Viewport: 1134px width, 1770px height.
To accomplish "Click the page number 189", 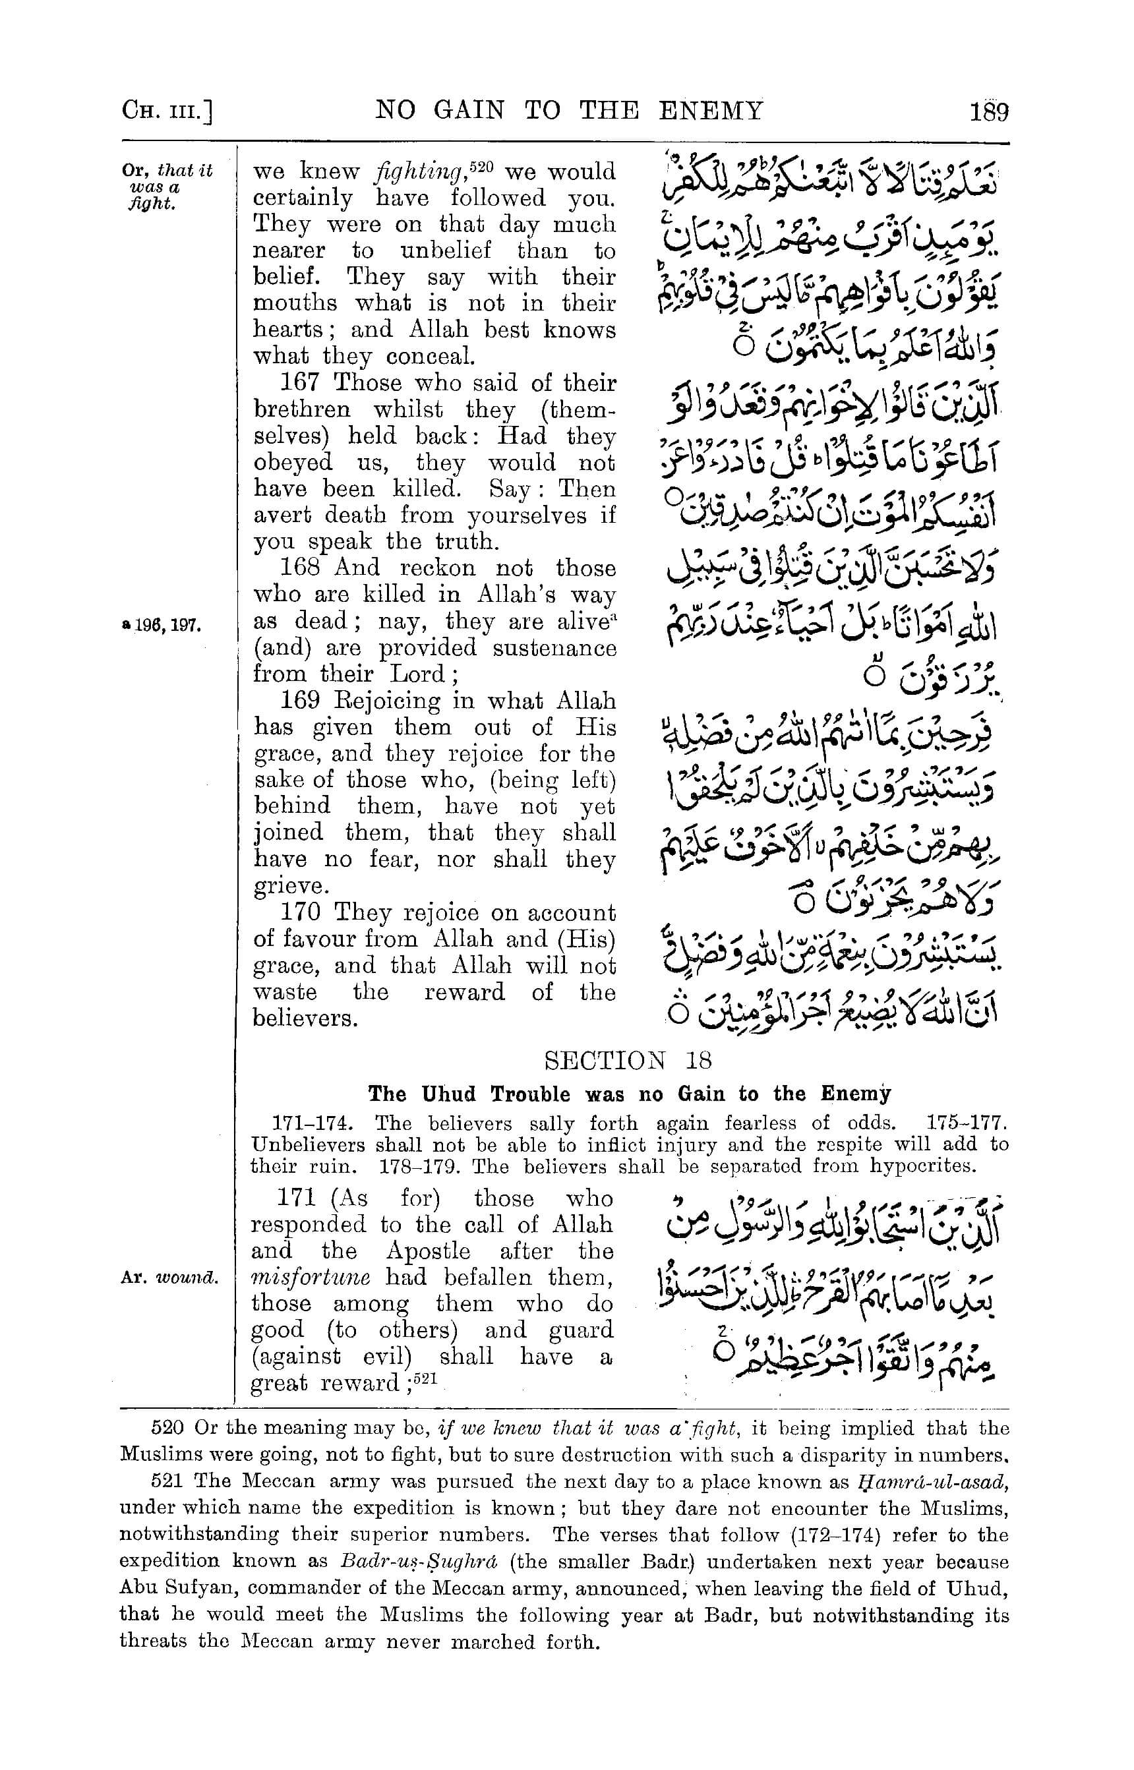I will (989, 112).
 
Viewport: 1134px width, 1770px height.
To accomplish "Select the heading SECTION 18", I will (628, 1060).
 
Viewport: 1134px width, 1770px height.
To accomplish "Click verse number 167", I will (304, 383).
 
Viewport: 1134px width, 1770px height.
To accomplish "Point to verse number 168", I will (304, 568).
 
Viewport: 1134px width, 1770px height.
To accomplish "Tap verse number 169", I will (304, 700).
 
